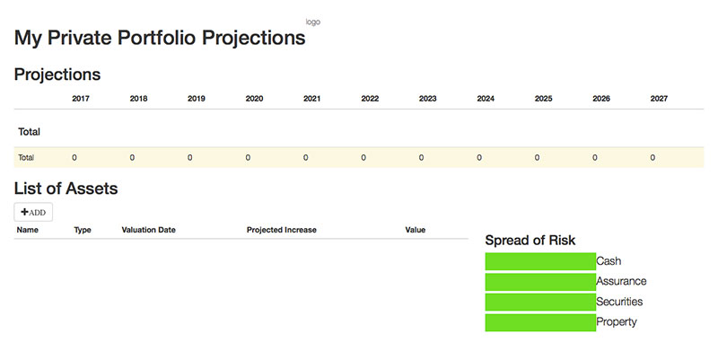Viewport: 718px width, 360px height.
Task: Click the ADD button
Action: pyautogui.click(x=33, y=212)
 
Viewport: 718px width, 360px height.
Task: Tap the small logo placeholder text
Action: pyautogui.click(x=313, y=22)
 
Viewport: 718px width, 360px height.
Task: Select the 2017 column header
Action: pyautogui.click(x=81, y=99)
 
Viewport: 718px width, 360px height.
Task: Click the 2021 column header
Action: pyautogui.click(x=311, y=99)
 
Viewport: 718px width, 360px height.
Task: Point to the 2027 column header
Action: pyautogui.click(x=659, y=99)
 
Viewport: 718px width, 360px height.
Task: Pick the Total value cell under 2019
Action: pyautogui.click(x=190, y=158)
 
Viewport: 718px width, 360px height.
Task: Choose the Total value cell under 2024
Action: pyautogui.click(x=479, y=158)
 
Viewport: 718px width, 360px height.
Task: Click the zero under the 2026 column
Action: pyautogui.click(x=595, y=158)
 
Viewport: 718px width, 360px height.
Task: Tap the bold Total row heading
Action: pyautogui.click(x=30, y=132)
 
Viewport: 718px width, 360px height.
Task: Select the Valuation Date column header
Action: pyautogui.click(x=148, y=230)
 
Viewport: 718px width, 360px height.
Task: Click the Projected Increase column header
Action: pyautogui.click(x=282, y=230)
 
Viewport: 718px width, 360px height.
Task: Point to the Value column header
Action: pyautogui.click(x=416, y=230)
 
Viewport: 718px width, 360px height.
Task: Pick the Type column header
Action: pyautogui.click(x=83, y=230)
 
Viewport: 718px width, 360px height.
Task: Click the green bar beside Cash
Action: pyautogui.click(x=540, y=261)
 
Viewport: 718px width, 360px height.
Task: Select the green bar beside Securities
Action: pyautogui.click(x=540, y=302)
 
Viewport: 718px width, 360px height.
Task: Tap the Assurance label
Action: pyautogui.click(x=621, y=281)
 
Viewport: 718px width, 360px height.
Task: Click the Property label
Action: pyautogui.click(x=617, y=322)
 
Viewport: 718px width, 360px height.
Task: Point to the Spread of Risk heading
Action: pyautogui.click(x=530, y=241)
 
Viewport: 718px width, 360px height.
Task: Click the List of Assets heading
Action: pyautogui.click(x=66, y=189)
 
